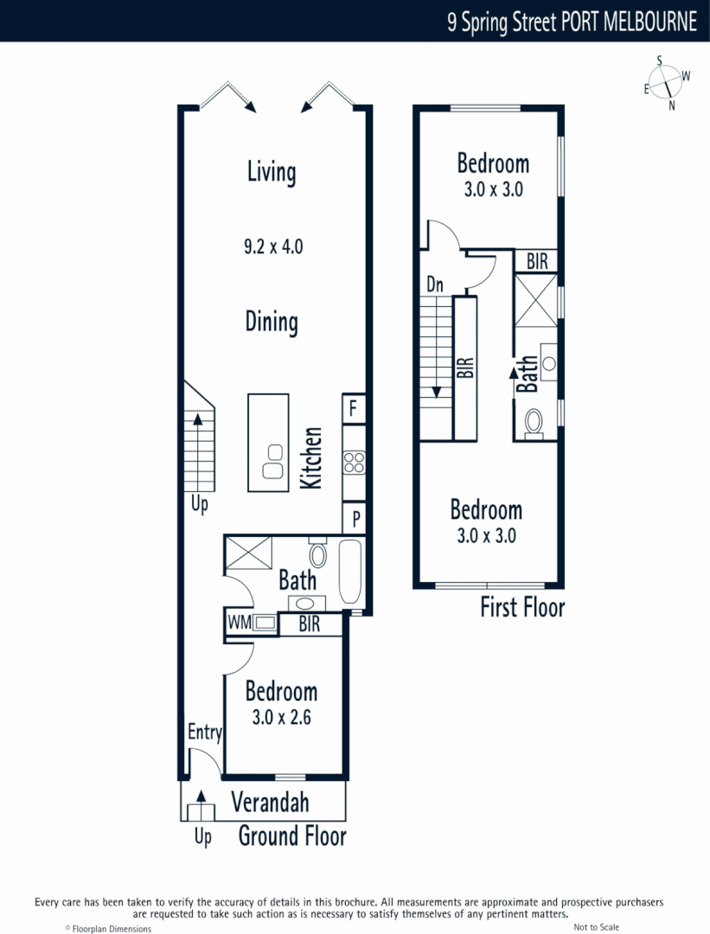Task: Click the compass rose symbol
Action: click(666, 82)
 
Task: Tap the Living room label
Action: click(272, 171)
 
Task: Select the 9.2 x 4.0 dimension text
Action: click(272, 246)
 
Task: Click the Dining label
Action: click(272, 322)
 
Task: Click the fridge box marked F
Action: click(353, 409)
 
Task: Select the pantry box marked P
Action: click(354, 520)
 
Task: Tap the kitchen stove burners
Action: click(354, 463)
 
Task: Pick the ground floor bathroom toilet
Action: click(317, 553)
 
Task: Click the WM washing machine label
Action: click(236, 622)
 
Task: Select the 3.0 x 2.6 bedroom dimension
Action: click(281, 717)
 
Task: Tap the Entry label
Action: click(205, 732)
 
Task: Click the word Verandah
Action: click(270, 803)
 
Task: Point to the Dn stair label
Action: click(435, 284)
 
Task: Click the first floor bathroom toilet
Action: click(534, 423)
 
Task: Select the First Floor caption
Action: click(522, 607)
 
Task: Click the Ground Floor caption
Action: click(292, 836)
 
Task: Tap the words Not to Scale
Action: click(597, 927)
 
